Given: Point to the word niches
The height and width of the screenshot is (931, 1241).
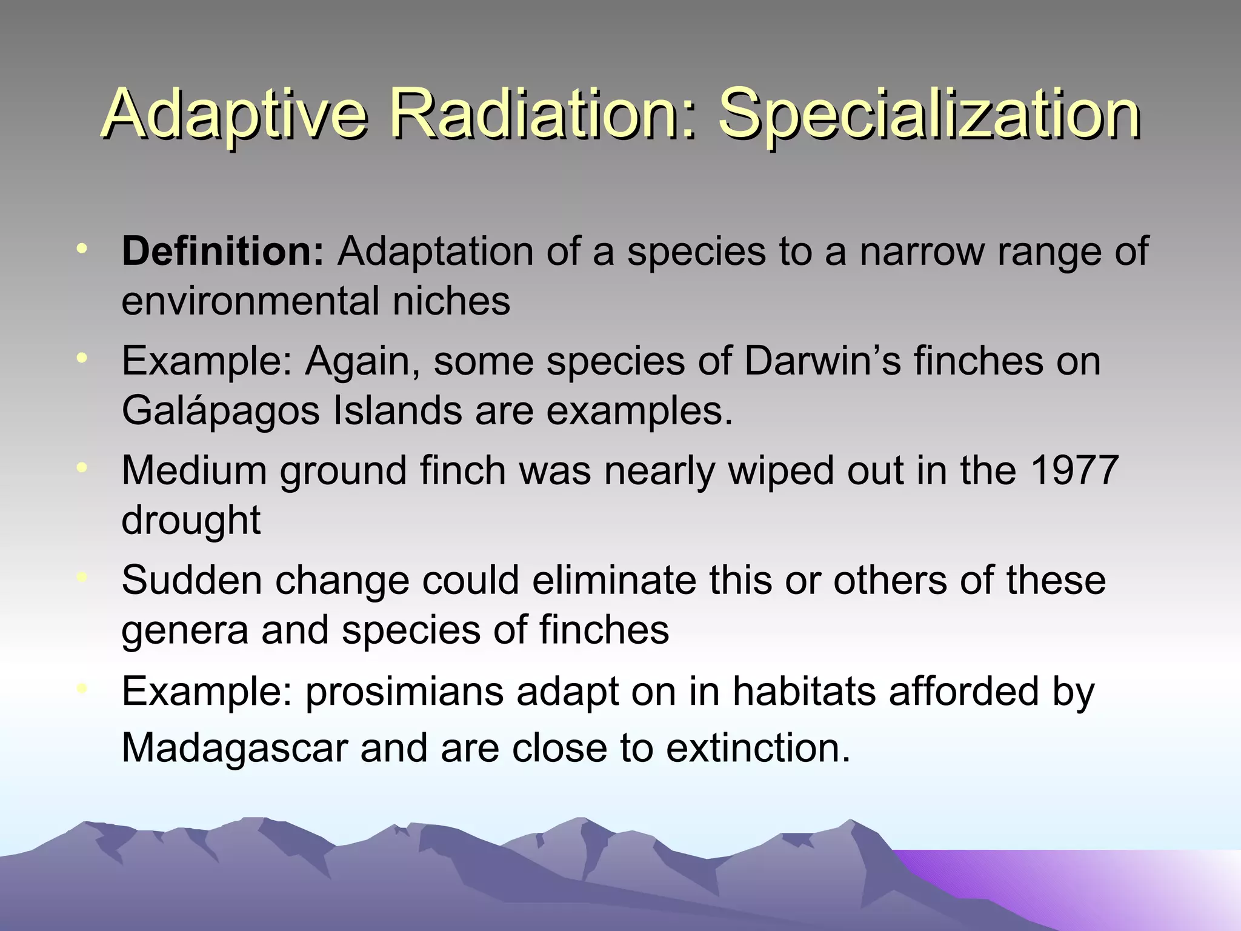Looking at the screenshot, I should point(451,301).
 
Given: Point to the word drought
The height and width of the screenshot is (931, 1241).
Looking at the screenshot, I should point(191,520).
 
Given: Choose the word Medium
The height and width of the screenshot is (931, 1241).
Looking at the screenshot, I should point(194,470).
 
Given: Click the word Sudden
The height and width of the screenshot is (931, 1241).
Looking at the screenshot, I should point(192,580).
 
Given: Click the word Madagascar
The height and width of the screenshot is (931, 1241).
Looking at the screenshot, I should point(235,748).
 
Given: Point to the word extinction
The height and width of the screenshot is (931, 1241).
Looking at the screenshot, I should point(758,748).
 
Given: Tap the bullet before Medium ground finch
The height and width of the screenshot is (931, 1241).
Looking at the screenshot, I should point(82,467).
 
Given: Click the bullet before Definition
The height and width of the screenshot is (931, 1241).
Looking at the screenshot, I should point(82,248).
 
